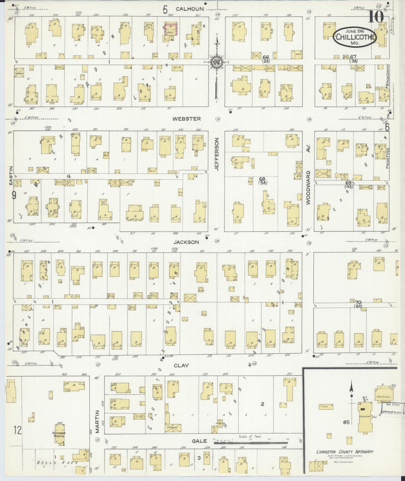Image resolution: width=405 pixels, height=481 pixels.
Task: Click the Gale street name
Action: (200, 441)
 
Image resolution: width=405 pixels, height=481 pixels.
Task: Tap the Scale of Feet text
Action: (250, 436)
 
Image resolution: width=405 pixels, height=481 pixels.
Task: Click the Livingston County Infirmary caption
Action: (345, 452)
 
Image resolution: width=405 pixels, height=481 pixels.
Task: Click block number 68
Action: (262, 179)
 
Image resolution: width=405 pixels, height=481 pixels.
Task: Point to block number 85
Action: (346, 422)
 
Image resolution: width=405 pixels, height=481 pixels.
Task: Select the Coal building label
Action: (325, 406)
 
